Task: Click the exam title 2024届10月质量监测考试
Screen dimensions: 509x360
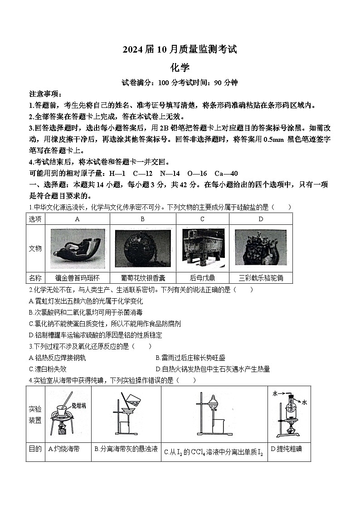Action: pos(180,50)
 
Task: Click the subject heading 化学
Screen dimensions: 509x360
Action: pos(180,68)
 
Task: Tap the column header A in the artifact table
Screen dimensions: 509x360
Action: pos(78,219)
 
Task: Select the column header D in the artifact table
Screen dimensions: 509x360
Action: pos(261,219)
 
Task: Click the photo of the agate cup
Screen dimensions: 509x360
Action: pos(78,248)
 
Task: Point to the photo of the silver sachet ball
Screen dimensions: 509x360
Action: pos(142,248)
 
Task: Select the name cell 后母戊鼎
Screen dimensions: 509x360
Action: pos(202,278)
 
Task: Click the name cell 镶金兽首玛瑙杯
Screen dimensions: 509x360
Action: pos(78,278)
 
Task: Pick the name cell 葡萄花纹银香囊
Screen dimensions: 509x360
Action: pos(142,278)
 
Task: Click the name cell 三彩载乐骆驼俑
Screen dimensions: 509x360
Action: pos(261,278)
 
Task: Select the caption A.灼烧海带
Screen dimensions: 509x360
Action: pos(63,449)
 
